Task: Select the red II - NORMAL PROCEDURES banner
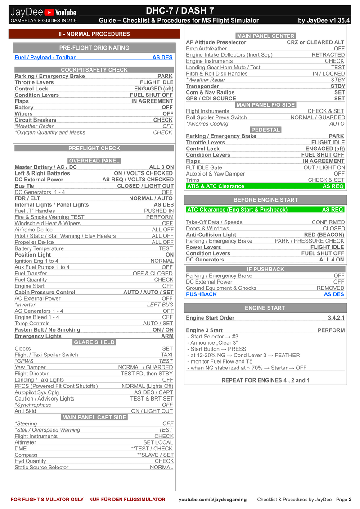click(x=94, y=34)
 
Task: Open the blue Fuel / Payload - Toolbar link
click(x=45, y=57)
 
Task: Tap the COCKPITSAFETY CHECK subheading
click(x=94, y=70)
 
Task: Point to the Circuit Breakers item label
click(x=36, y=120)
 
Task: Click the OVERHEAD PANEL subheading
click(x=94, y=161)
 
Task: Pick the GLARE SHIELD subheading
click(x=94, y=342)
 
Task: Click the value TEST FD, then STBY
click(x=147, y=374)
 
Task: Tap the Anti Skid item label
click(x=25, y=411)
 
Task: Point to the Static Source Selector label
click(x=41, y=468)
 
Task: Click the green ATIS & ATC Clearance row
click(x=265, y=186)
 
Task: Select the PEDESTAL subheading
click(x=265, y=130)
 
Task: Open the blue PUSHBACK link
click(x=201, y=294)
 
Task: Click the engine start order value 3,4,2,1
click(x=336, y=318)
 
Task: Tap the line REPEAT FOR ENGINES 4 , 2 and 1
click(x=265, y=380)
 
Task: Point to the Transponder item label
click(x=202, y=86)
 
